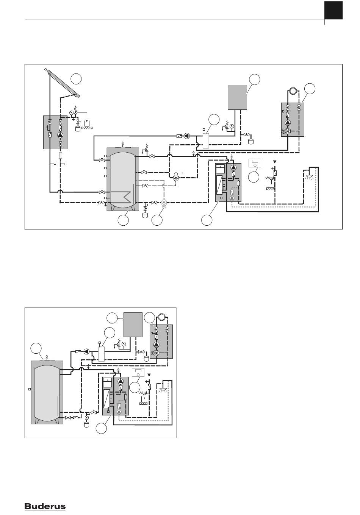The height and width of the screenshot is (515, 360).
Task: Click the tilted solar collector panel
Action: tap(63, 83)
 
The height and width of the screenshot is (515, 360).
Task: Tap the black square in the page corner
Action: tap(333, 10)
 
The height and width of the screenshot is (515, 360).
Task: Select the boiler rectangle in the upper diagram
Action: tap(237, 97)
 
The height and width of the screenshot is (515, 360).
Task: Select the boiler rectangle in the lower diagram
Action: tap(133, 325)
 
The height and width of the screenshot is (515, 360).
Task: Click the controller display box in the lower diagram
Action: tap(138, 373)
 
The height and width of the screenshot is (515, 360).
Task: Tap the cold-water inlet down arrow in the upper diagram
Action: tap(274, 161)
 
